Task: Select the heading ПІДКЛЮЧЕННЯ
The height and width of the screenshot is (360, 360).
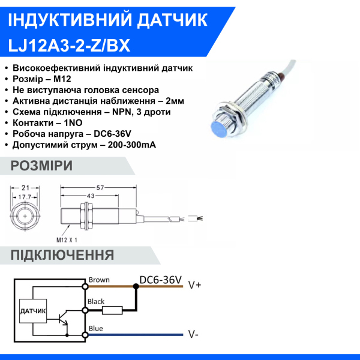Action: click(62, 255)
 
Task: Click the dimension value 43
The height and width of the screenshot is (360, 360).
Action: click(91, 196)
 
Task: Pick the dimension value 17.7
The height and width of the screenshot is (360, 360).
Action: click(25, 196)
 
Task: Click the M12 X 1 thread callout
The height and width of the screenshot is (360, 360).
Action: click(68, 239)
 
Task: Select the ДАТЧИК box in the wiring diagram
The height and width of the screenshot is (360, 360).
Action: click(33, 311)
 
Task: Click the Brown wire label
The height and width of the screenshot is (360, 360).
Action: click(99, 280)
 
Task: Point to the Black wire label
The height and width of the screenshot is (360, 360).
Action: click(97, 301)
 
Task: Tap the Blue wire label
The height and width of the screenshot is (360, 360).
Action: click(95, 328)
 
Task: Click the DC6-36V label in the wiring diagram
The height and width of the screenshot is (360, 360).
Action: click(160, 279)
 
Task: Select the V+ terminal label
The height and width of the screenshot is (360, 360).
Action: click(194, 285)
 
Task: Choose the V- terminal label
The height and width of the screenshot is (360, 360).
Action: click(193, 334)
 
